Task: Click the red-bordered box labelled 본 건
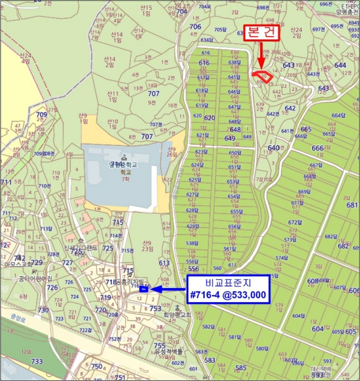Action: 261,33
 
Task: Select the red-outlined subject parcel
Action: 263,77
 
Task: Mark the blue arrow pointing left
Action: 169,289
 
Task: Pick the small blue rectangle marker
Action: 143,289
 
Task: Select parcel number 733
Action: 36,361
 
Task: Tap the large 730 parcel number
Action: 43,309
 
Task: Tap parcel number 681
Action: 352,205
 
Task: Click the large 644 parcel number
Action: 340,65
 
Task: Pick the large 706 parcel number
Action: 195,26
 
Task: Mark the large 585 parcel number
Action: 240,368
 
